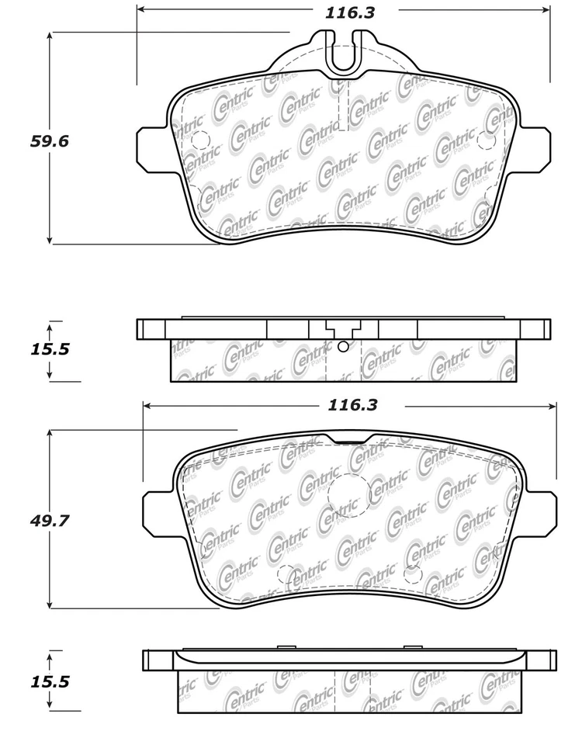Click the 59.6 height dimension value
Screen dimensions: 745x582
pyautogui.click(x=50, y=141)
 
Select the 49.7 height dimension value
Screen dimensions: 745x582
pyautogui.click(x=50, y=521)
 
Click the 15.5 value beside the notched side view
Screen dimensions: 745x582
pyautogui.click(x=50, y=349)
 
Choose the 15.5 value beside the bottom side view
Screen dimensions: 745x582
pyautogui.click(x=50, y=682)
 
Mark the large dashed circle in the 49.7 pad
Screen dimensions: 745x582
pyautogui.click(x=347, y=492)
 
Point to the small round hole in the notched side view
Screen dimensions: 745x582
pyautogui.click(x=342, y=346)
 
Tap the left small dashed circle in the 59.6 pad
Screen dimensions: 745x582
pyautogui.click(x=199, y=140)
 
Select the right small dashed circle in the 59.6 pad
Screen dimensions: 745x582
pyautogui.click(x=487, y=140)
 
